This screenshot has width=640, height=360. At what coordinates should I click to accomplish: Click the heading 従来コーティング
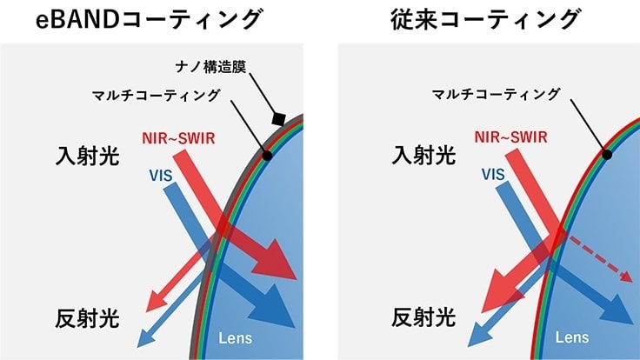(486, 20)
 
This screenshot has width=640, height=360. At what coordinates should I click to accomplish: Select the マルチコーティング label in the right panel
(497, 94)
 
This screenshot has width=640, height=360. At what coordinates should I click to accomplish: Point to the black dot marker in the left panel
(268, 156)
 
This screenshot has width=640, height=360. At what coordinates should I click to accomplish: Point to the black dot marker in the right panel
(607, 156)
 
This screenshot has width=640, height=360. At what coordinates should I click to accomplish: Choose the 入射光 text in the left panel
(84, 157)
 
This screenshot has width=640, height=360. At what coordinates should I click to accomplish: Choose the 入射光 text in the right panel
(423, 157)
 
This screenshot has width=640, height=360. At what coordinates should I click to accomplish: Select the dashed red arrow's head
(624, 277)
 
